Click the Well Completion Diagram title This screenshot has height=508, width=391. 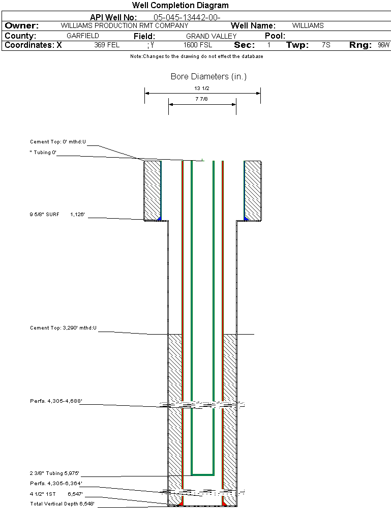[x=181, y=6]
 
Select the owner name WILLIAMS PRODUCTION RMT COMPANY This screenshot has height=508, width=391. [x=124, y=25]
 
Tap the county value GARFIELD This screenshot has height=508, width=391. [x=83, y=36]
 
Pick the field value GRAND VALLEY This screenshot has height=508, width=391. [x=211, y=36]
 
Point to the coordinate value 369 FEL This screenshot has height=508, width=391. [x=107, y=45]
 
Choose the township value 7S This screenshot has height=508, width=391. [x=326, y=45]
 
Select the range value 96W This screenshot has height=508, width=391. [x=383, y=45]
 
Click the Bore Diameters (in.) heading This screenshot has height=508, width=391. [x=208, y=77]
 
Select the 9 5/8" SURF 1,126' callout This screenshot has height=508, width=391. [x=56, y=215]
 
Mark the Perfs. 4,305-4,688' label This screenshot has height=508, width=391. [x=56, y=401]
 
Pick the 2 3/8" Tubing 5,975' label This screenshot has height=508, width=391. [x=54, y=473]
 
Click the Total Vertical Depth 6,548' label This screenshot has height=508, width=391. [x=62, y=503]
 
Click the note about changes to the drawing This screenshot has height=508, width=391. [x=196, y=56]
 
